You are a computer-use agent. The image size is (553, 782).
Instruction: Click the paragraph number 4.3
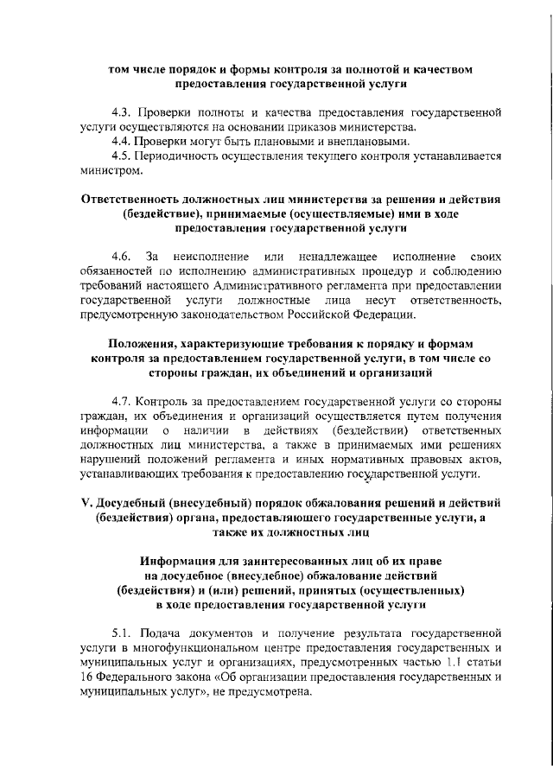(124, 113)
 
